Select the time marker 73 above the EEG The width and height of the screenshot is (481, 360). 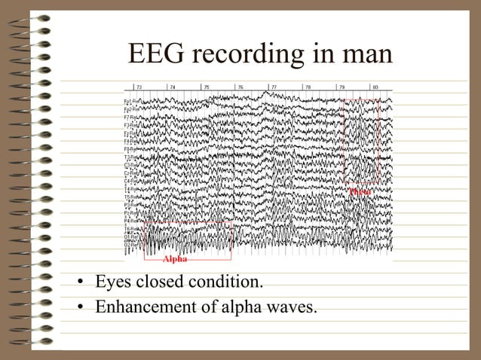pyautogui.click(x=139, y=87)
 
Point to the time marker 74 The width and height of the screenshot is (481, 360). pyautogui.click(x=173, y=87)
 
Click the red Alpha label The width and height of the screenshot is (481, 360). pyautogui.click(x=175, y=259)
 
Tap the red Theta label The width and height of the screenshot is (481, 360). pyautogui.click(x=360, y=191)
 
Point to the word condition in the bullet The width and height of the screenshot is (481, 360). pyautogui.click(x=227, y=283)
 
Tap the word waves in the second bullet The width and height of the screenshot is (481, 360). pyautogui.click(x=290, y=306)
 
